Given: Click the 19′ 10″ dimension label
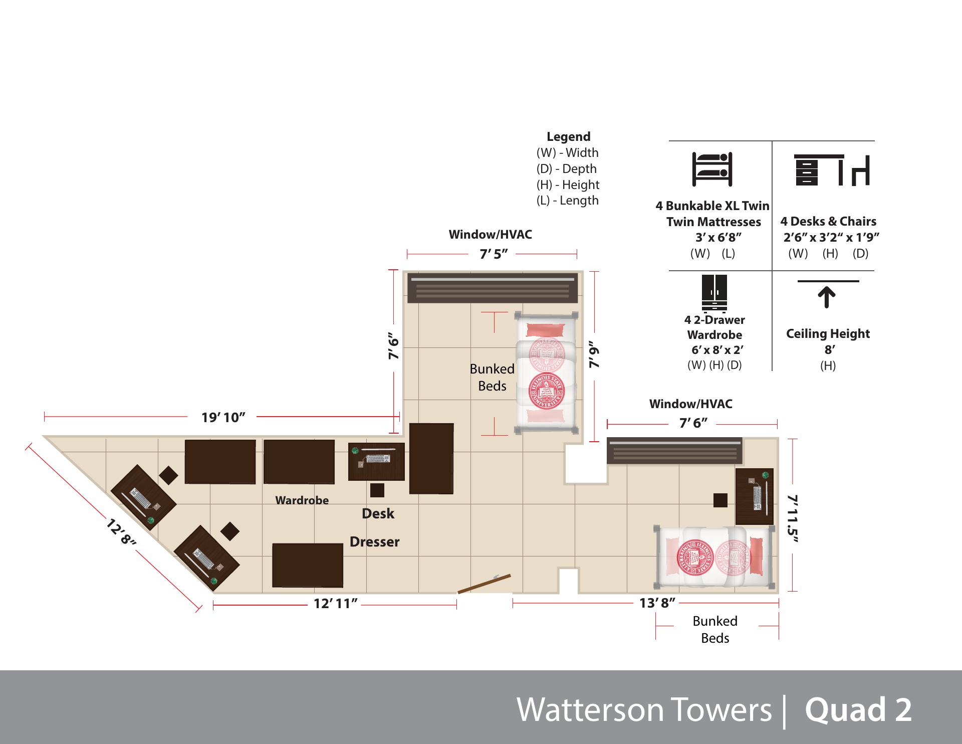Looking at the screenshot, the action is (x=223, y=417).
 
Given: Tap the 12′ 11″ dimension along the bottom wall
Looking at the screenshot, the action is (x=335, y=604).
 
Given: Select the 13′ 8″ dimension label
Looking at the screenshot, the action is (x=657, y=603).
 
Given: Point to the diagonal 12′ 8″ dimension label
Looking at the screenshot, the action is (x=121, y=533).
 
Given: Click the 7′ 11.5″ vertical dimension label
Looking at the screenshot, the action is (x=792, y=518).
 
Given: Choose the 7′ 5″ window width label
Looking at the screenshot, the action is (x=494, y=255).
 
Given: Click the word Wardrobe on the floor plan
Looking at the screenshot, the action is (x=302, y=500).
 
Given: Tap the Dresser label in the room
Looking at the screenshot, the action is (x=374, y=542).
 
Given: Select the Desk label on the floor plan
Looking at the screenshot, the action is (x=378, y=514).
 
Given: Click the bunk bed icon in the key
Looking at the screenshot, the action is (x=712, y=169).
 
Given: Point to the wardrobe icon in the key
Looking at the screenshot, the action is (x=714, y=293).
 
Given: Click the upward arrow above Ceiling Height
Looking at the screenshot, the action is (x=827, y=297).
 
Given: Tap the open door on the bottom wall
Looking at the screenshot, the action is (x=484, y=584).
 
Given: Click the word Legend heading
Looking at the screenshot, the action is (x=568, y=137).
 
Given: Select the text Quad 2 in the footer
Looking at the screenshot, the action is (x=858, y=710).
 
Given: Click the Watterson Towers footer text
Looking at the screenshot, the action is (x=644, y=710).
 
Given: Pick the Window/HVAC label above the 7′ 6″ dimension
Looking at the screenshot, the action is (x=690, y=404).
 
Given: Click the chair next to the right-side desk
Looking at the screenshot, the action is (x=720, y=500).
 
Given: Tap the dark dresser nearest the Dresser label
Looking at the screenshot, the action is (x=308, y=565).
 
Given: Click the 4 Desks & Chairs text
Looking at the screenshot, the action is (x=828, y=222).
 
